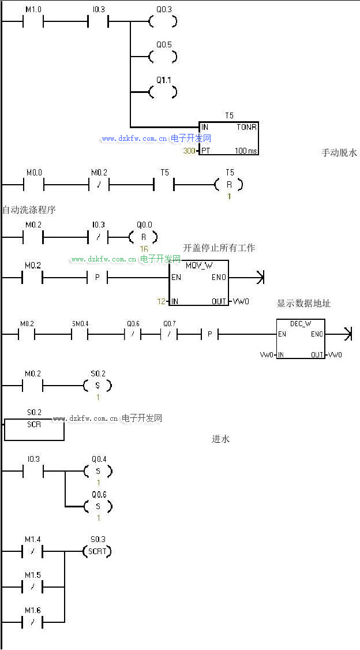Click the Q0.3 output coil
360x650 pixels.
162,22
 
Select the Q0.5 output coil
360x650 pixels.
162,57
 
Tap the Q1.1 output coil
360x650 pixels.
162,92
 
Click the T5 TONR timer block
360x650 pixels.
229,139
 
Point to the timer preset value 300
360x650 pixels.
189,151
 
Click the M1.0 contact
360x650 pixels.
32,22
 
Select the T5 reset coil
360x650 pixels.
228,185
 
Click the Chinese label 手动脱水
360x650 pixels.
339,153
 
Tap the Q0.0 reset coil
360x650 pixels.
142,237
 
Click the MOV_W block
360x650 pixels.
198,283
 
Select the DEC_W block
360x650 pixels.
301,339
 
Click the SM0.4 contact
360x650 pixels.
80,334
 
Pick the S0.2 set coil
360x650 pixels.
97,385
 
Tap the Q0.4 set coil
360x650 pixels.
97,471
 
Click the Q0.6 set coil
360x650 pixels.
97,506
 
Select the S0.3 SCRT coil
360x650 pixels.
97,551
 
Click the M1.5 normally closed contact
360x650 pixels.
32,587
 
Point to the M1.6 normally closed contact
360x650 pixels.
32,622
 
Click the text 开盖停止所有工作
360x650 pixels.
219,248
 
